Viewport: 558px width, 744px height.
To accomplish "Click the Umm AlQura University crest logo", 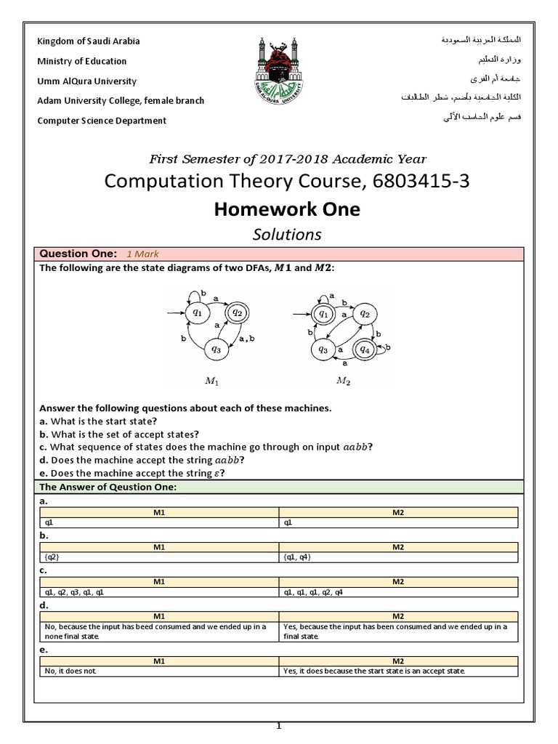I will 279,73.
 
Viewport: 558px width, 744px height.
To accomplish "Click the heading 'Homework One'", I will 286,209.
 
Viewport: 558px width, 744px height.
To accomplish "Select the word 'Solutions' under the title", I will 286,234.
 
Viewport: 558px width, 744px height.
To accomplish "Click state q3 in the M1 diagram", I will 216,349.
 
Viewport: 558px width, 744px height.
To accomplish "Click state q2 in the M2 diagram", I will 365,314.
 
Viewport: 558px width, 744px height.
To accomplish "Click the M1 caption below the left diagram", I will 214,380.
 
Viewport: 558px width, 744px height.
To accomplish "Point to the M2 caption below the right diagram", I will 343,380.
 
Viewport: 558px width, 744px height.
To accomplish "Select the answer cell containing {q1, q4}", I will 399,557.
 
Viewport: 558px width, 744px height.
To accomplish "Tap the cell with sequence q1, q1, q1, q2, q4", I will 399,591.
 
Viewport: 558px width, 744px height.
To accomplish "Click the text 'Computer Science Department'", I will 102,121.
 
